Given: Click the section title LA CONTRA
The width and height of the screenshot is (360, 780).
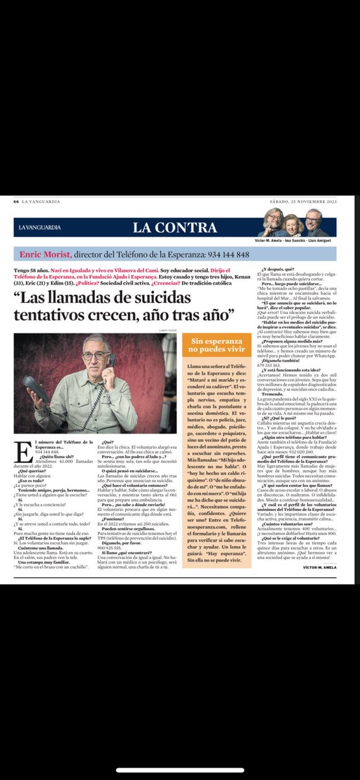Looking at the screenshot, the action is pos(175,227).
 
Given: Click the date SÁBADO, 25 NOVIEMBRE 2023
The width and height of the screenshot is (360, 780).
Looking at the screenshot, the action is pos(306,201).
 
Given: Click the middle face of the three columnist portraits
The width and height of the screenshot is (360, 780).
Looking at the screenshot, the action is pos(291,225).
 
